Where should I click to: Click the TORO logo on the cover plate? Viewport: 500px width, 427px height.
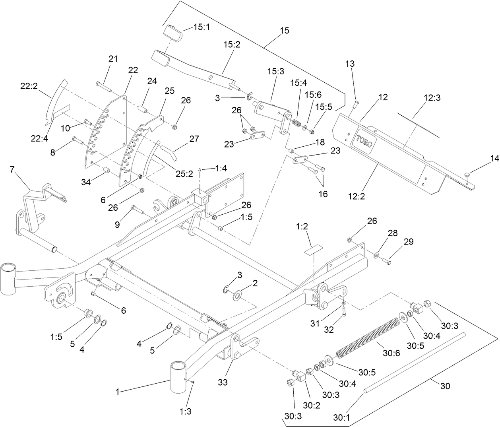(364, 140)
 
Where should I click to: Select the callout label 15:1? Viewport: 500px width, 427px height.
(203, 27)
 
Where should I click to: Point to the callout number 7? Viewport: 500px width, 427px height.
(12, 170)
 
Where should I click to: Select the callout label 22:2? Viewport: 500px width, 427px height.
(29, 85)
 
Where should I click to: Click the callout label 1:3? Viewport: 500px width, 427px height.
(186, 411)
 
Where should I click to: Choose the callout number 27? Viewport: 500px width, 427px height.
(194, 139)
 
